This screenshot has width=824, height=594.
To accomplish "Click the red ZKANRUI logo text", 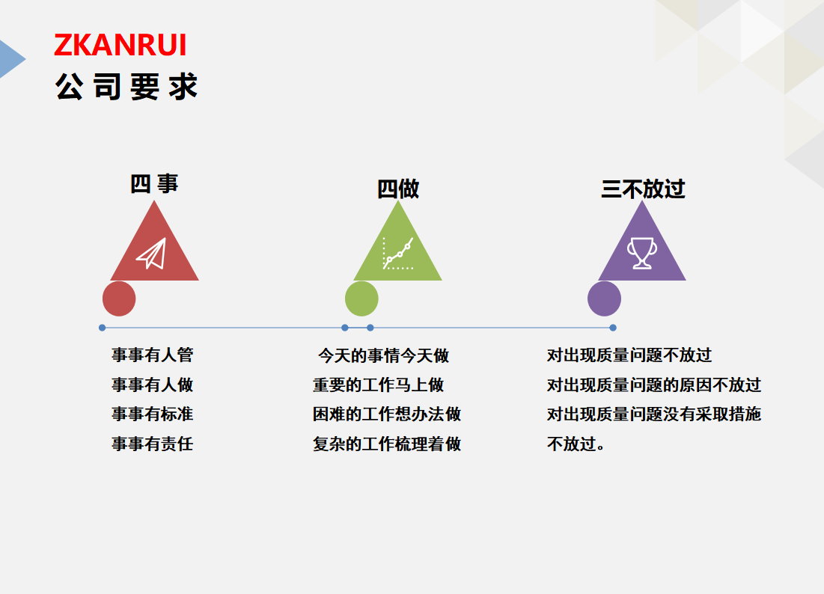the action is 120,45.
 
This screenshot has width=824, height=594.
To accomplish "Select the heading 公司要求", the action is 126,87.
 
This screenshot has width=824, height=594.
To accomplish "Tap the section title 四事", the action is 154,184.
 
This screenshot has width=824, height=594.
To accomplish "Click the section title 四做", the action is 398,189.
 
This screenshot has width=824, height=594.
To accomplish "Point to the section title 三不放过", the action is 643,189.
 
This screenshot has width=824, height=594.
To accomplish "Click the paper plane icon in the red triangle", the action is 151,254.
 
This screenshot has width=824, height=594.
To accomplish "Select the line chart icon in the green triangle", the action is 398,254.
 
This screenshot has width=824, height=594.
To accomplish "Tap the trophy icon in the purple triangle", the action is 641,253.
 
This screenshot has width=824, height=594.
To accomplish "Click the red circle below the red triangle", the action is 119,298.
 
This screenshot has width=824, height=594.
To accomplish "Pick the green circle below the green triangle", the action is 361,298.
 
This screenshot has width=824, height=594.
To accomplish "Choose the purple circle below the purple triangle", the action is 604,298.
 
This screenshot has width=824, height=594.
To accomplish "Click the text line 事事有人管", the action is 153,355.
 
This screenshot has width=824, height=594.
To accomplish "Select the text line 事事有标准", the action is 153,414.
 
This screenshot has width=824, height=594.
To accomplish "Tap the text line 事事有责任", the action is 153,444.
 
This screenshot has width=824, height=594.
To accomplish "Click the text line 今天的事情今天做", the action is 384,355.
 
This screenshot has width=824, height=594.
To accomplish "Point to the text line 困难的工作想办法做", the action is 387,414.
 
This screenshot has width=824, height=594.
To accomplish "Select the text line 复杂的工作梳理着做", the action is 387,444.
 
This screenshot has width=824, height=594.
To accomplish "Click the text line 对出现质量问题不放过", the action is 629,355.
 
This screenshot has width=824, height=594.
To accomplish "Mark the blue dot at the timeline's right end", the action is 613,328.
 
